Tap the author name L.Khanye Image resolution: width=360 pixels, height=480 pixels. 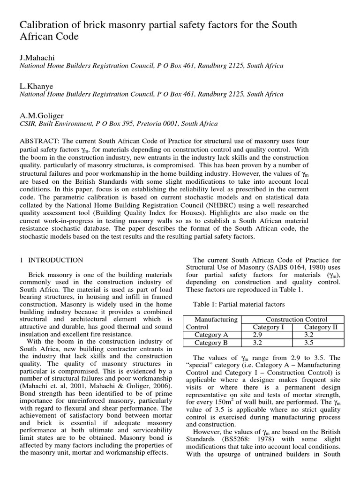(x=36, y=86)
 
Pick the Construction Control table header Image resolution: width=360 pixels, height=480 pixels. (x=296, y=319)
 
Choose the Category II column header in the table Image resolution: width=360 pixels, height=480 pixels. (x=321, y=327)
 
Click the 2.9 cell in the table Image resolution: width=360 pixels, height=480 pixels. (x=257, y=335)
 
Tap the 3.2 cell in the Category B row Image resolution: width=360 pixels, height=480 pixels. (x=257, y=343)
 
